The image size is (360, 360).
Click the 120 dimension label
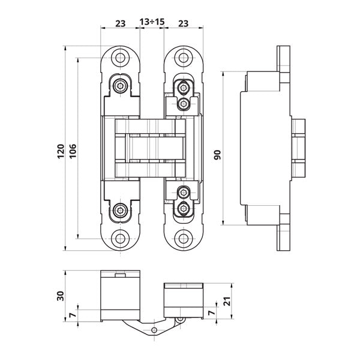(61, 151)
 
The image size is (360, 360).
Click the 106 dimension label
(73, 151)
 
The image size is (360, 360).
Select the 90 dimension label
(217, 155)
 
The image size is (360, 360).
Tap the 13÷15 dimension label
(152, 22)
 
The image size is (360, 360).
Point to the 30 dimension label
(61, 296)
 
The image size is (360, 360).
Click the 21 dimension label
(227, 301)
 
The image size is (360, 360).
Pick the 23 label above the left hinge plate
(121, 23)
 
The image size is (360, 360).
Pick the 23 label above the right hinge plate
(183, 23)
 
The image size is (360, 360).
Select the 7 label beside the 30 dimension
(73, 315)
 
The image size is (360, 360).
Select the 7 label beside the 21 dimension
(212, 313)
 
